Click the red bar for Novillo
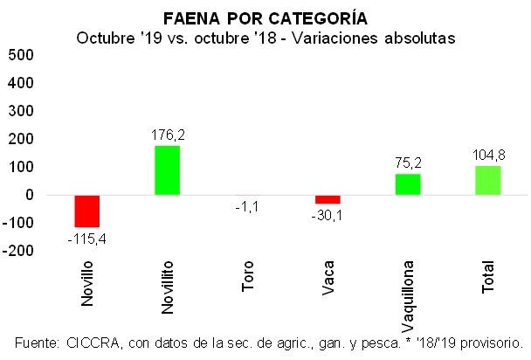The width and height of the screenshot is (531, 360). [87, 211]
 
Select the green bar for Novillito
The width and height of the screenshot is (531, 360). [167, 170]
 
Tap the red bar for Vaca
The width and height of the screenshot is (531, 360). [328, 199]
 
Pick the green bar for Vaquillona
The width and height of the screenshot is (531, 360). [408, 184]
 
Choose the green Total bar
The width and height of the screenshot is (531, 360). [488, 180]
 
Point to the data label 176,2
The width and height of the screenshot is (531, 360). [168, 136]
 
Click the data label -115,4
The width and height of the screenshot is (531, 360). [87, 238]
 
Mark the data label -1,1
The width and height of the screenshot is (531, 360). [247, 207]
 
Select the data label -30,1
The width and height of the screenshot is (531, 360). [328, 215]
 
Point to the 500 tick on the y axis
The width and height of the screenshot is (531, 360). [21, 55]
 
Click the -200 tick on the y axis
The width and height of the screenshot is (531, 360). [18, 251]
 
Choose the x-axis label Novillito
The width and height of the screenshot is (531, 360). [167, 285]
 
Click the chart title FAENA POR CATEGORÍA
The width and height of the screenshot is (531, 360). [265, 17]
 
